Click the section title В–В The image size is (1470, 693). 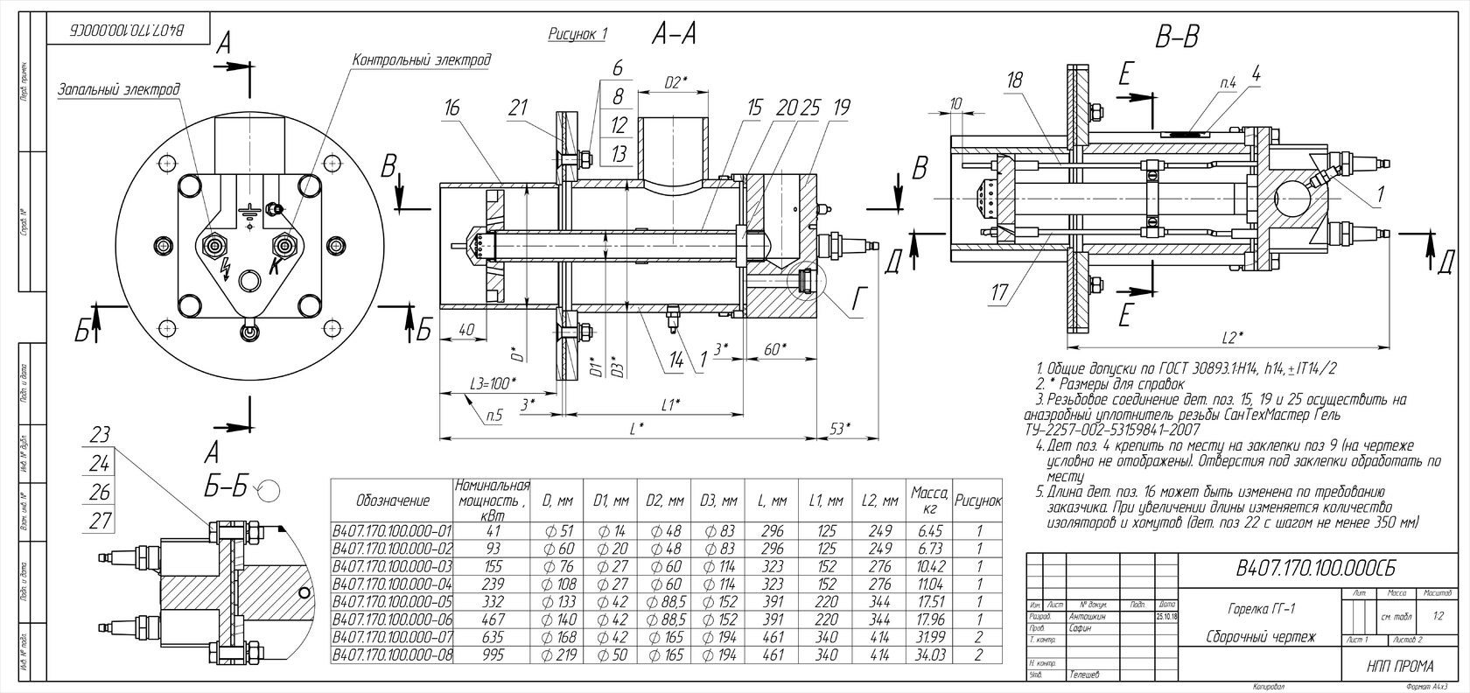[x=1177, y=37]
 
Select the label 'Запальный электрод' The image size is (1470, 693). [x=119, y=89]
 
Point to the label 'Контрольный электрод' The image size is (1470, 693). [x=421, y=60]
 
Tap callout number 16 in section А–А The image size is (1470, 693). [x=451, y=108]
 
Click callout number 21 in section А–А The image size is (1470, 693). [x=518, y=108]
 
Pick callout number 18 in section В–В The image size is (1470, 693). [x=1014, y=80]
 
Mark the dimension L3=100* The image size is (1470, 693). [x=492, y=382]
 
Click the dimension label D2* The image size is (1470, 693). [x=675, y=82]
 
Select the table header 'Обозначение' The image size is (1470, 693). [x=393, y=501]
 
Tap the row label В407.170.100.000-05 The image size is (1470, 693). [x=392, y=602]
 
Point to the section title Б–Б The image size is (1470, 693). [x=226, y=488]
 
